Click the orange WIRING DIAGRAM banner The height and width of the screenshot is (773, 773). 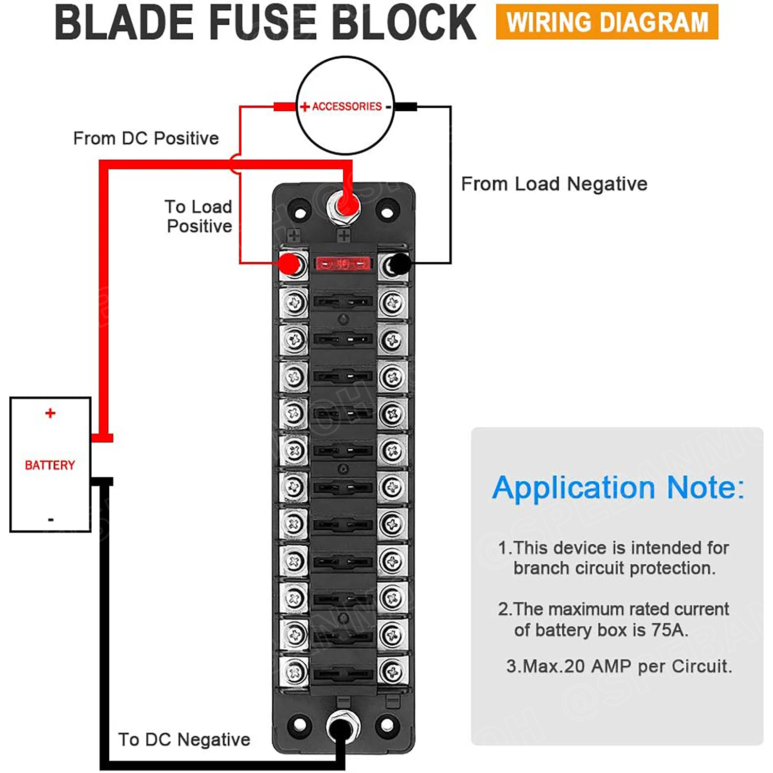607,22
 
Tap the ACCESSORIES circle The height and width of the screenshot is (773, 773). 345,106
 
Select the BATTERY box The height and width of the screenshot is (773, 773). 50,464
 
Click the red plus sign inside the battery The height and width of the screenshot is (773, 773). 50,413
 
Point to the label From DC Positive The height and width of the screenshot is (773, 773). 146,138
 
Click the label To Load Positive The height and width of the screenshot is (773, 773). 199,216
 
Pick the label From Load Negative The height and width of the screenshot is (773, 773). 554,184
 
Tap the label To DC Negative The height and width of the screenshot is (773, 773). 184,740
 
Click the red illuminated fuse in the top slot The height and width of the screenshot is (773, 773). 343,264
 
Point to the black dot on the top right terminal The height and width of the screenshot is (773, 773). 400,264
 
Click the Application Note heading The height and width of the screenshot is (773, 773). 618,488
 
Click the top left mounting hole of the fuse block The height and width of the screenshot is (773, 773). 299,212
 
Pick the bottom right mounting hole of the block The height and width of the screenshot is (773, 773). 387,725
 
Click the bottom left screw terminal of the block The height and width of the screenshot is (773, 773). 294,671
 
